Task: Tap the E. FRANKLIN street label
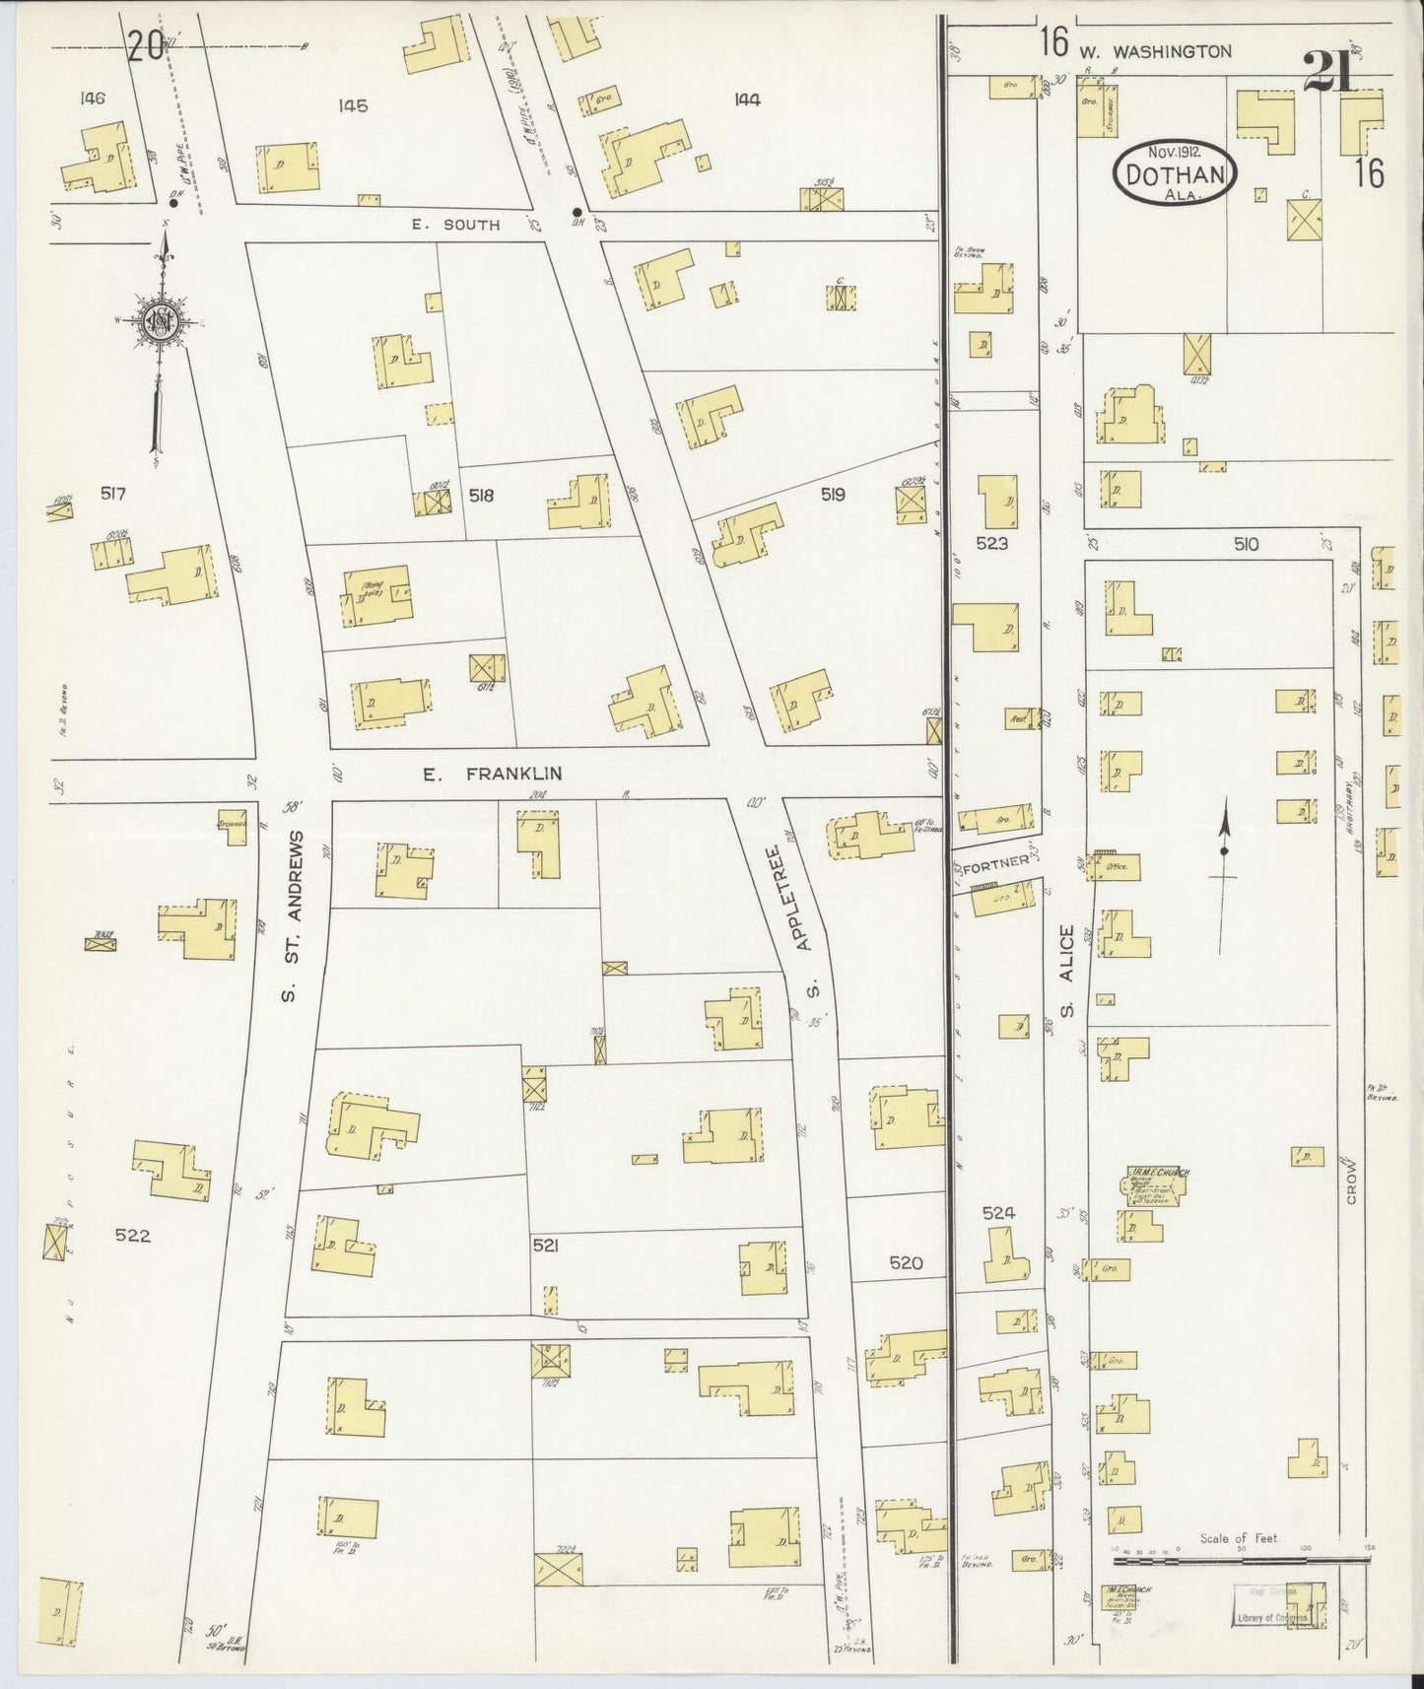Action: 492,775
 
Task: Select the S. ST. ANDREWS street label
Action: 292,915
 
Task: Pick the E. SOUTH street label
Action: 455,225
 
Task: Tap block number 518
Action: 481,497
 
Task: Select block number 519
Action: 833,495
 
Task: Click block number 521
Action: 545,1246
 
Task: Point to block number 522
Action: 132,1236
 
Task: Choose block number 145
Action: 352,105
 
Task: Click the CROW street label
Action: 1351,1180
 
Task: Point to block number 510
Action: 1246,544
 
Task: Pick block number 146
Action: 95,98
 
